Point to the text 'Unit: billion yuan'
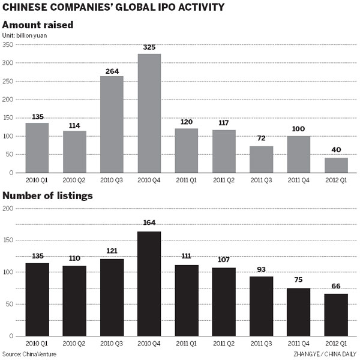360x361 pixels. pos(25,36)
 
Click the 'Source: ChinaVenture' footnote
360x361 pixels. pos(30,354)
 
